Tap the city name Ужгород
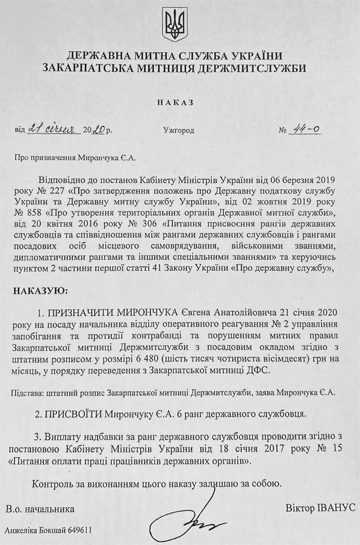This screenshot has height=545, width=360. (x=179, y=131)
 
